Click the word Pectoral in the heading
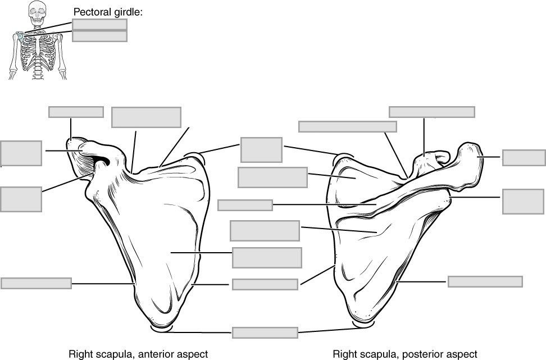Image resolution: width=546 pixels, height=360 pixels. [x=91, y=11]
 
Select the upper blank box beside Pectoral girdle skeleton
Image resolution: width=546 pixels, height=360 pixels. [x=99, y=24]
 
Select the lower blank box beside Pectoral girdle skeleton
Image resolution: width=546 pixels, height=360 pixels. [x=99, y=36]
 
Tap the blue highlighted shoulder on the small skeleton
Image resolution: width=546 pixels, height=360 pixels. [x=20, y=37]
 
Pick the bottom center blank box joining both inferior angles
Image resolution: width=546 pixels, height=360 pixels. [x=265, y=332]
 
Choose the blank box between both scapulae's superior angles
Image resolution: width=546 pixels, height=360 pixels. [x=261, y=150]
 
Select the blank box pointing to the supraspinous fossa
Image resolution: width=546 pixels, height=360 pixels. [x=272, y=177]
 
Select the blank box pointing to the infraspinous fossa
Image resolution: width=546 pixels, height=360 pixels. [x=265, y=231]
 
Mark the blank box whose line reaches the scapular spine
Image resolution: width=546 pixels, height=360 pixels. [x=245, y=205]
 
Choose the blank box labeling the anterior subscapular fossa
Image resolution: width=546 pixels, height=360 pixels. [x=267, y=257]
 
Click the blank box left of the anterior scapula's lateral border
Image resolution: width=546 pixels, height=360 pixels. [x=36, y=283]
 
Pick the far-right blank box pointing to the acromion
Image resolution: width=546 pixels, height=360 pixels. [x=524, y=158]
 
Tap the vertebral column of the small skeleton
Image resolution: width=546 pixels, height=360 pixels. [x=38, y=62]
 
